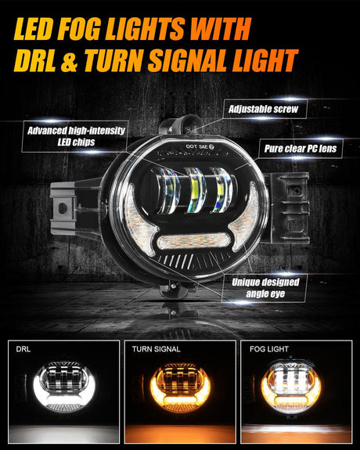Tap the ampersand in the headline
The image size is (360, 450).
69,60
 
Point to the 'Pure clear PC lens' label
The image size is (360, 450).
301,149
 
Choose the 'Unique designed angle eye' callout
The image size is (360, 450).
265,288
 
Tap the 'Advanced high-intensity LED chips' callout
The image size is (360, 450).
76,136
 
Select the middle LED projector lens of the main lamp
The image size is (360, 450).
195,190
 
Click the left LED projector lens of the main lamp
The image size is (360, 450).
169,191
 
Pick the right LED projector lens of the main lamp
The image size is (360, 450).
221,190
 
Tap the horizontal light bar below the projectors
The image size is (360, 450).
194,241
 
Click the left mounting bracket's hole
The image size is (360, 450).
63,208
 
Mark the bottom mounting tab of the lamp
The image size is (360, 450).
175,289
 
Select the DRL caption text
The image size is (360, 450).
23,349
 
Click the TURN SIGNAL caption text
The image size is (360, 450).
157,349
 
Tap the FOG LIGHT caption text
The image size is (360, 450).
269,349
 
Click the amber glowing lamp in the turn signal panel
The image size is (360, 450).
180,387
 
